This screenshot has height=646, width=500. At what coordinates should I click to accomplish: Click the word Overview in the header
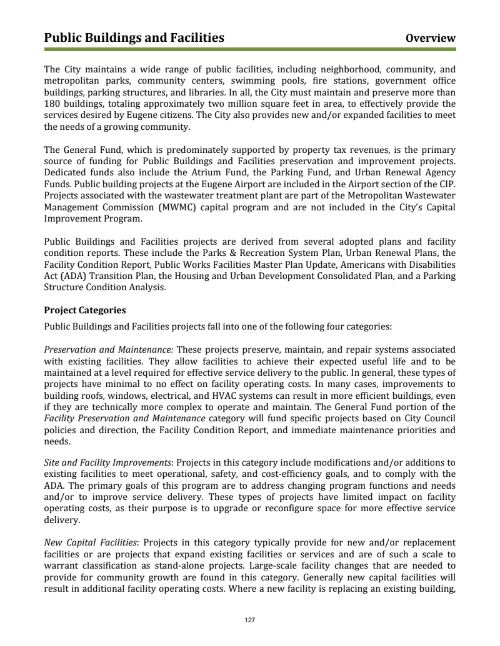(430, 39)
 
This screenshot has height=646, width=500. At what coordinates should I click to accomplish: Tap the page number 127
(250, 620)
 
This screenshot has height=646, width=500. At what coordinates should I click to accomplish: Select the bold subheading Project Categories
(85, 310)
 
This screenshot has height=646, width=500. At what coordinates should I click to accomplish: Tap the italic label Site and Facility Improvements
(108, 462)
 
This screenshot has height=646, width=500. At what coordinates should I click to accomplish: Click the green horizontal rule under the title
(250, 49)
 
